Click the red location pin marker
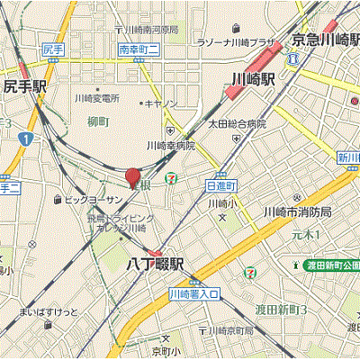132,177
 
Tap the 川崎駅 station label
252,78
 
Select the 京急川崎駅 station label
324,40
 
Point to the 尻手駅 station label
24,87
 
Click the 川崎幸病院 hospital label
170,145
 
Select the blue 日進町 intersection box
220,184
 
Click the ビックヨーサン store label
92,199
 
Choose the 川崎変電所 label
97,98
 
